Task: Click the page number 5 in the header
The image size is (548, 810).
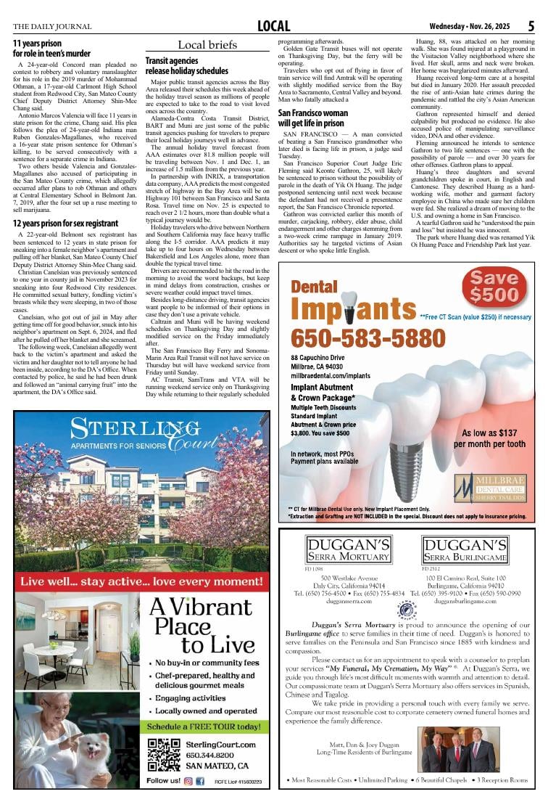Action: pyautogui.click(x=531, y=26)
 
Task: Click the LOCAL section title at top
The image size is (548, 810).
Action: pyautogui.click(x=274, y=27)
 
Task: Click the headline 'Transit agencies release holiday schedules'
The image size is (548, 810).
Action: pyautogui.click(x=186, y=66)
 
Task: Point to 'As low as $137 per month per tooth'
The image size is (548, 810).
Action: pyautogui.click(x=489, y=438)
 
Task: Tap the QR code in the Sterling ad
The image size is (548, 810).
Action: pyautogui.click(x=163, y=755)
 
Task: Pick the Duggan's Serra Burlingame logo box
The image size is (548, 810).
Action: pyautogui.click(x=465, y=551)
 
